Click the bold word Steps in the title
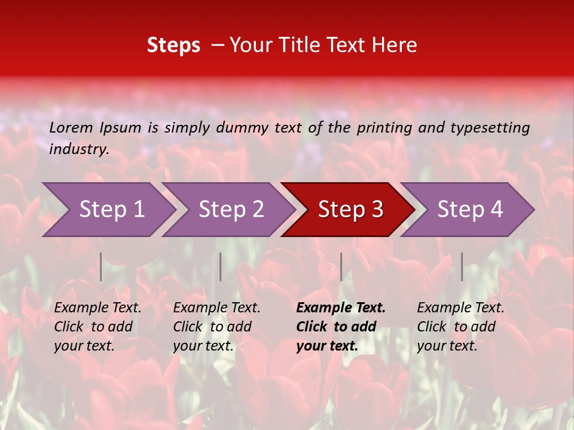click(173, 45)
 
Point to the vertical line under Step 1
click(101, 266)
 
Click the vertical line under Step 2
click(221, 266)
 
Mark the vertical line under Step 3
click(341, 266)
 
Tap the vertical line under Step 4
click(462, 266)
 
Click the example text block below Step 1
click(97, 327)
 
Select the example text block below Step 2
click(216, 327)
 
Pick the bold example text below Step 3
click(341, 327)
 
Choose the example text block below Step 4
click(460, 327)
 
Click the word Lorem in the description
click(71, 127)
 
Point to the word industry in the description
click(79, 149)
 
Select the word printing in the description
click(384, 128)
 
